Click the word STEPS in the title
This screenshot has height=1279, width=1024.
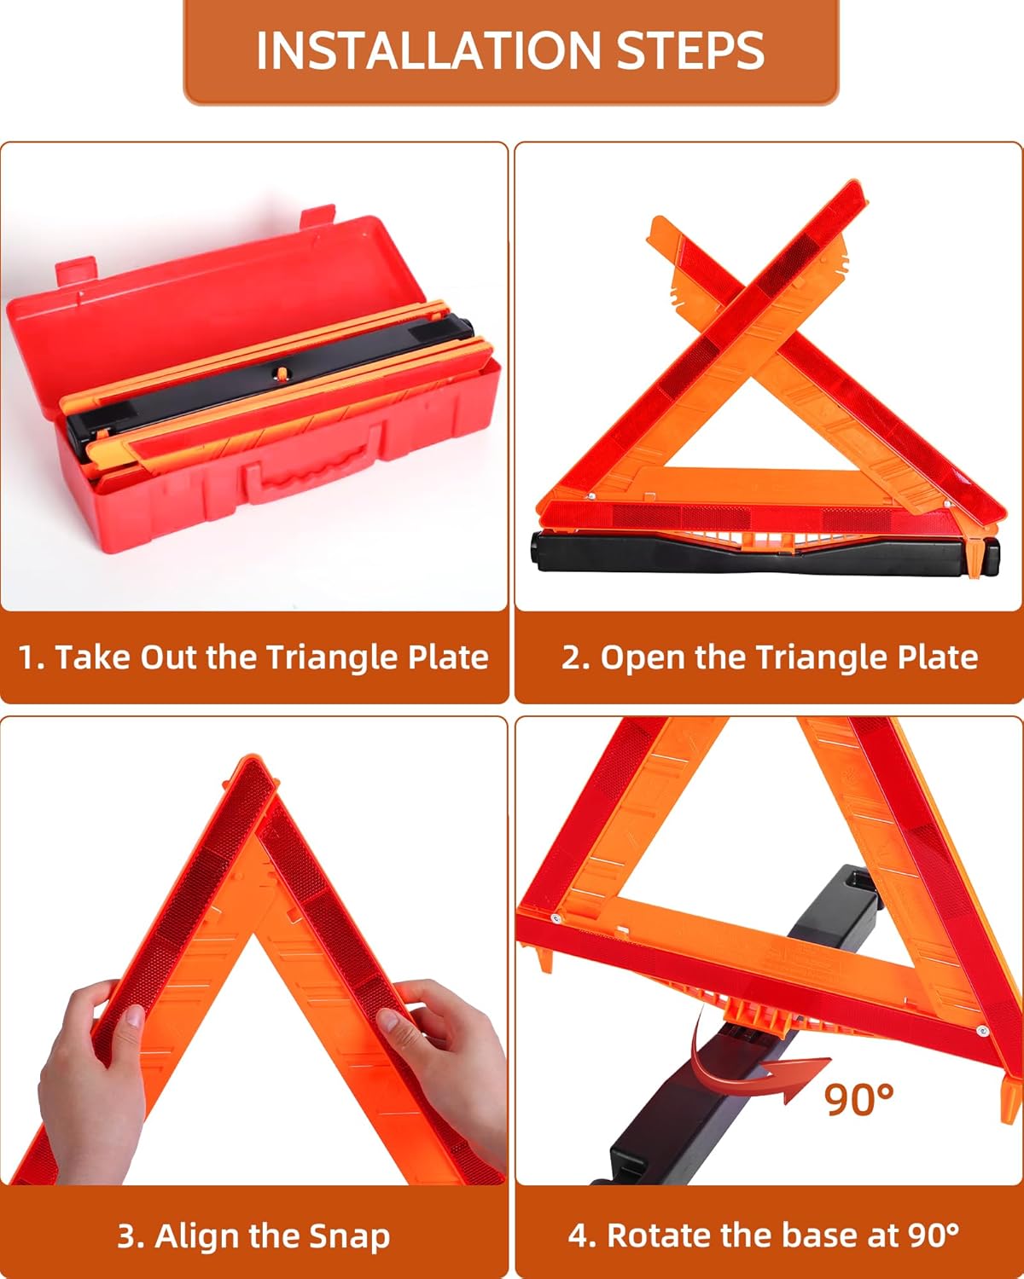[689, 50]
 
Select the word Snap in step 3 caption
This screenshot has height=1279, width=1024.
[350, 1236]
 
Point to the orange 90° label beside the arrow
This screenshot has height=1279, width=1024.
[858, 1099]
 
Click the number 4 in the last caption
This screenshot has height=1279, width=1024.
[579, 1235]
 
